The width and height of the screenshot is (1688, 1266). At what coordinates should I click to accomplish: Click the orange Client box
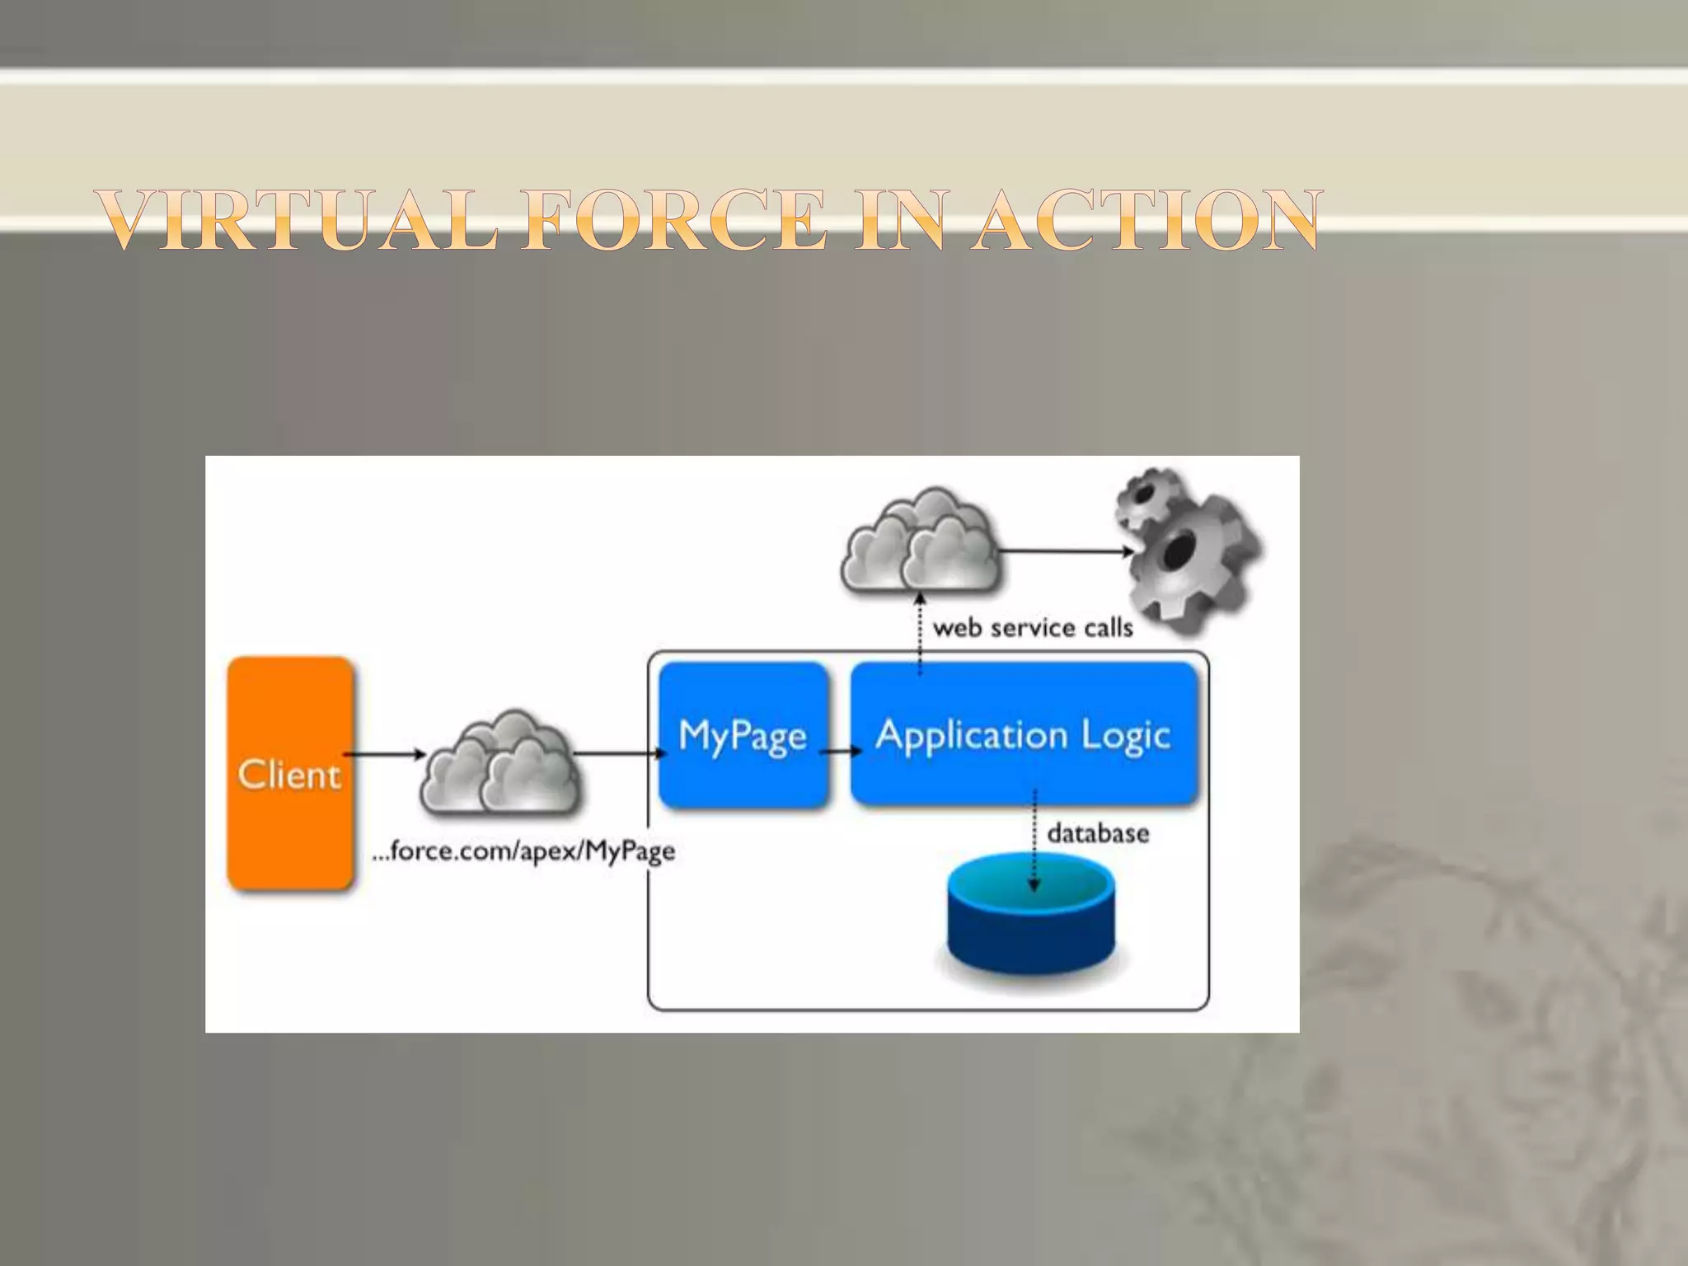pos(290,773)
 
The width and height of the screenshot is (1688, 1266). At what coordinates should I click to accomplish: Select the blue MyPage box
pos(743,734)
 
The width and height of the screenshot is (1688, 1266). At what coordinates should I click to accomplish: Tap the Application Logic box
pos(1024,734)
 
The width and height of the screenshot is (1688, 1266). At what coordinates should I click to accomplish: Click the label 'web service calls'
pos(1033,628)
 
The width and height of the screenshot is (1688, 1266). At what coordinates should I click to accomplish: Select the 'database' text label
pos(1098,833)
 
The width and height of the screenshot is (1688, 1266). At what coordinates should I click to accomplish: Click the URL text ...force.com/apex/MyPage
pos(523,851)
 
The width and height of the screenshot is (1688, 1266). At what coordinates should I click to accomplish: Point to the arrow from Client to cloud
pos(384,753)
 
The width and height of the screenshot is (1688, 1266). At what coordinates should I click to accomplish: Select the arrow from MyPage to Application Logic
pos(841,751)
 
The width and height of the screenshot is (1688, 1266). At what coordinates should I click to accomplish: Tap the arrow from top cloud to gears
pos(1065,551)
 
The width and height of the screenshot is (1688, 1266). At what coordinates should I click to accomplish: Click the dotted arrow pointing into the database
pos(1034,841)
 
